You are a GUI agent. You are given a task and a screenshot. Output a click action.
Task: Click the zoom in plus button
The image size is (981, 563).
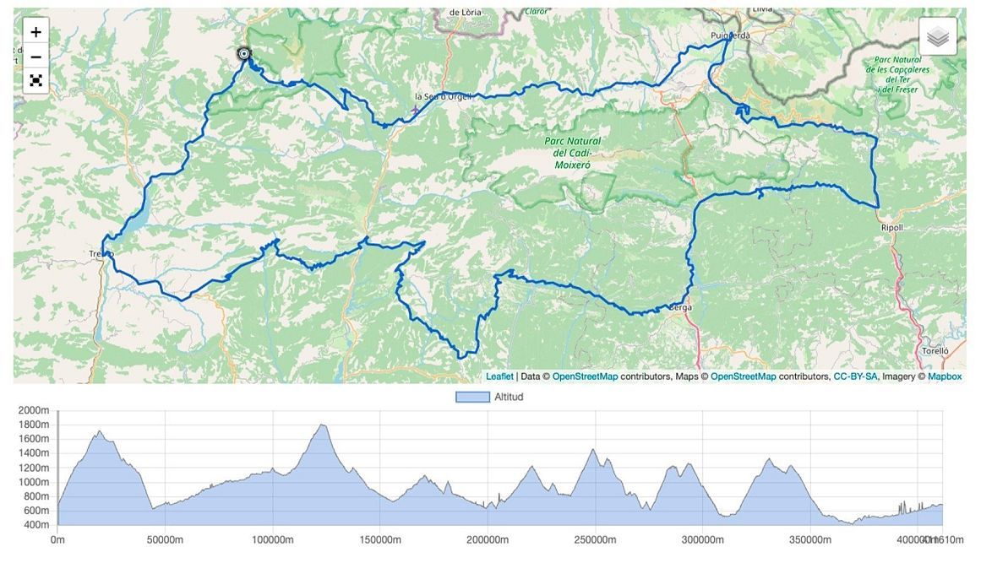point(35,32)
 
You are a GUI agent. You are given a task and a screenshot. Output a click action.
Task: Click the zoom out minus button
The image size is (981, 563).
point(35,57)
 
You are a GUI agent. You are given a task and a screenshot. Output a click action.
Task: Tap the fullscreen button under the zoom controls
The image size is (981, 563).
point(35,81)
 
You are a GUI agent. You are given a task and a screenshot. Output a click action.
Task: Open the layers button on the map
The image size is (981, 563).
point(938,36)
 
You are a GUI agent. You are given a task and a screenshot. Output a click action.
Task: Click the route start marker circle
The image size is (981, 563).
point(244,54)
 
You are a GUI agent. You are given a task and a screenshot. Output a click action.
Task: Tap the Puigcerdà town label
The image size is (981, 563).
point(730,35)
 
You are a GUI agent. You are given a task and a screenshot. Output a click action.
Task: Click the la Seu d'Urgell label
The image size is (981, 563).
point(442,97)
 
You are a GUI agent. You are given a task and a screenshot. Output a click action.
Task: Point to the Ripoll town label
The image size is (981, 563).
point(892,228)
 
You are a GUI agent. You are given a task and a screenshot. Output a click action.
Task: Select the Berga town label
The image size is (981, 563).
point(680,308)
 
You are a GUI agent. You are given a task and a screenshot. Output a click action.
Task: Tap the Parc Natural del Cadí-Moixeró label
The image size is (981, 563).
point(577,153)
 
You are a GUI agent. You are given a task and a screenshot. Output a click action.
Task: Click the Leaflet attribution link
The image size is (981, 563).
point(499,376)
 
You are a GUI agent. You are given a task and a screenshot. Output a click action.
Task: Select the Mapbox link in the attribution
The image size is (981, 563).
point(945,376)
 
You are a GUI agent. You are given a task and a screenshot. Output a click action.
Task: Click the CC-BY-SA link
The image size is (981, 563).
point(855,376)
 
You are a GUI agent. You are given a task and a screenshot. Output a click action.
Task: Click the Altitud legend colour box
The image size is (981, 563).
point(472,397)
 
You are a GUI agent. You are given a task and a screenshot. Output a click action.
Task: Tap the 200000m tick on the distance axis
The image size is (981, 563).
point(488,540)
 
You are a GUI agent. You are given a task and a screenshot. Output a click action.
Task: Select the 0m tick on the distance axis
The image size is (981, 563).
point(57,540)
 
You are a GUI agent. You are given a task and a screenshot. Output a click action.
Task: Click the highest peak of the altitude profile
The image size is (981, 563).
point(321,425)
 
